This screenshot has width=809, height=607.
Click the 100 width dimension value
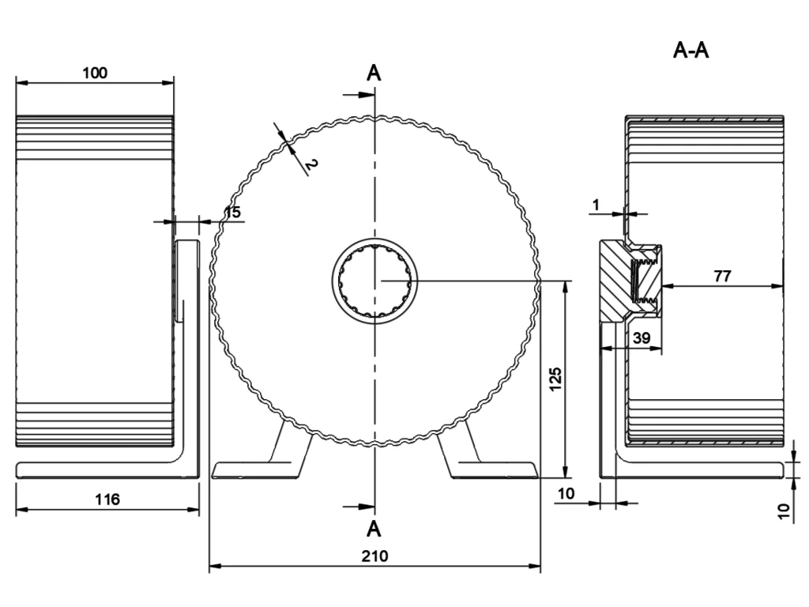tap(95, 73)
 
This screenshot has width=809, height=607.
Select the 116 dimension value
tap(107, 499)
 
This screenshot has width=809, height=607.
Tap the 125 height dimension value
tap(555, 380)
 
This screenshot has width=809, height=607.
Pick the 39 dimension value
tap(642, 337)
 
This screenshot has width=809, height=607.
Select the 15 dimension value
tap(232, 212)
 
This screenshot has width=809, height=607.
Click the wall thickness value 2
tap(310, 164)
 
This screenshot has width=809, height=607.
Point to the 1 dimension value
tap(596, 204)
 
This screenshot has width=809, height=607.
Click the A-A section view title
tap(690, 51)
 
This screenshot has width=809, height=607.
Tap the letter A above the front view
tap(374, 73)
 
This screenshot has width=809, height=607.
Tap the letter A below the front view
tap(374, 527)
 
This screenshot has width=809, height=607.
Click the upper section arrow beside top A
tap(360, 94)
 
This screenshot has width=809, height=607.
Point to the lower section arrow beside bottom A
tap(360, 507)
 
